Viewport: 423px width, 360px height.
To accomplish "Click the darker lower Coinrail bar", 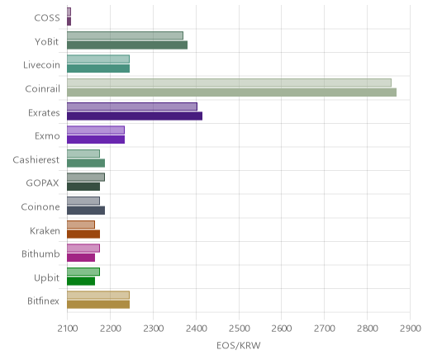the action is [231, 92].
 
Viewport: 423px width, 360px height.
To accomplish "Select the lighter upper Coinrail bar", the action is [229, 83].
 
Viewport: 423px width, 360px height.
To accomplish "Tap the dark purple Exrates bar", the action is [135, 116].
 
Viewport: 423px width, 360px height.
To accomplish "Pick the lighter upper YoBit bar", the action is [125, 36].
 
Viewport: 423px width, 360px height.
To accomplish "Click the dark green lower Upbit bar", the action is [81, 281].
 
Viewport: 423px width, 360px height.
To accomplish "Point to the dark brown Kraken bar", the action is [83, 234].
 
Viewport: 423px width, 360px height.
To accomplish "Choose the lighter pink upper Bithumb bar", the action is [83, 248].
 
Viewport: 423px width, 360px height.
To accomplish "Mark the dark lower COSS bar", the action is [69, 21].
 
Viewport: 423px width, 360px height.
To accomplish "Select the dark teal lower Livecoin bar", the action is [98, 69].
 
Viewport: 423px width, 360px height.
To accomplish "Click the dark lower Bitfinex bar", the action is [98, 305].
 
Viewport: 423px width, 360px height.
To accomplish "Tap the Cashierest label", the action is [36, 160].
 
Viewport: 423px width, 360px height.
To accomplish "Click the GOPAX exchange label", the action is [42, 183].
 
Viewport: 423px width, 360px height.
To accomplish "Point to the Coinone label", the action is [40, 207].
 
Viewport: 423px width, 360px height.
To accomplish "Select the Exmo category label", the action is [47, 136].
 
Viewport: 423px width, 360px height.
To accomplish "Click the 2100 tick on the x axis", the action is [68, 329].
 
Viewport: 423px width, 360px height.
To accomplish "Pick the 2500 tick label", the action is [240, 329].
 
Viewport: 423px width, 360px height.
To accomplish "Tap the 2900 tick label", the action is [411, 329].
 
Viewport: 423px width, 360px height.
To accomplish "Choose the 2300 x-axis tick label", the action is [154, 329].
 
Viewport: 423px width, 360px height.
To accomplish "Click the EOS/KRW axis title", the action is [239, 345].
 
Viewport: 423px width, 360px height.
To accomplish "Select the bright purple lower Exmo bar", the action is [96, 140].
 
